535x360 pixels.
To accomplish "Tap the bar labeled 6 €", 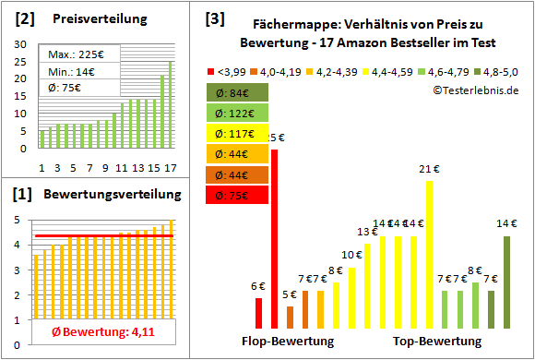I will pos(259,313).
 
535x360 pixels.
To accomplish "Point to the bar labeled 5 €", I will pos(290,317).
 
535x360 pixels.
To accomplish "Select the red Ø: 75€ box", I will pos(238,195).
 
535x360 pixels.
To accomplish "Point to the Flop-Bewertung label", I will pos(288,342).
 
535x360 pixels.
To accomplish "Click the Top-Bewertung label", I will pos(437,342).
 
